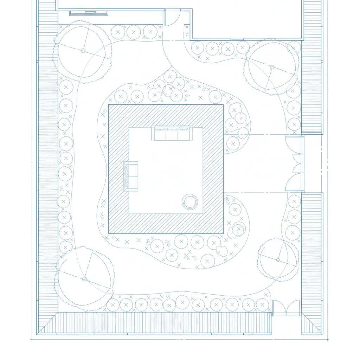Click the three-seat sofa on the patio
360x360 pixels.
point(172,134)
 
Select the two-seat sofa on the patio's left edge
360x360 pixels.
point(131,176)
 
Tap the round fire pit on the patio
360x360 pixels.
point(190,202)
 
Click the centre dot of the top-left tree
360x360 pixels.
point(83,51)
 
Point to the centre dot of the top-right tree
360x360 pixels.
point(272,66)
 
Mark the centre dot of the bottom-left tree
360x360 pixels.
point(84,279)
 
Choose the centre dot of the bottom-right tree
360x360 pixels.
point(278,260)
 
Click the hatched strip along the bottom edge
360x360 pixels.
point(164,323)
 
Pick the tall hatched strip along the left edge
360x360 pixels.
point(48,169)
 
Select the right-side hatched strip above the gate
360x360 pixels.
point(312,70)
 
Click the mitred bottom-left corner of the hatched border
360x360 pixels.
point(48,323)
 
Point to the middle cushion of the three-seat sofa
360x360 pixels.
point(172,134)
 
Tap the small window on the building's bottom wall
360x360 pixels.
point(237,39)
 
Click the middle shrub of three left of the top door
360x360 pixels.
point(134,32)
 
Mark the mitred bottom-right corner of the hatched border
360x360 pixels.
point(312,324)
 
